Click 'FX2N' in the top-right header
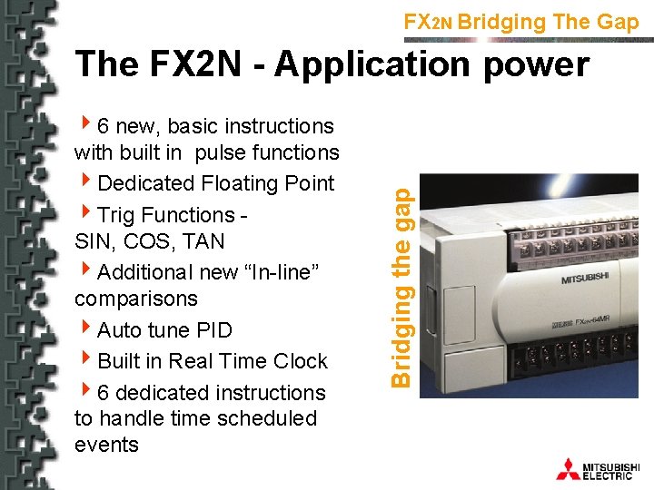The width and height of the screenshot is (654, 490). click(x=427, y=23)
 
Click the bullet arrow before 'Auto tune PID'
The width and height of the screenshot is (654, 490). click(x=84, y=329)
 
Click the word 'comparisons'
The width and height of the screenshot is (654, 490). click(x=136, y=299)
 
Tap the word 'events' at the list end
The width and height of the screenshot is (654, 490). click(x=106, y=445)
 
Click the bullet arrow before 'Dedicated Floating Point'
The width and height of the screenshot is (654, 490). click(x=84, y=182)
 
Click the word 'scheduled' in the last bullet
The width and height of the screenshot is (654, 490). click(x=272, y=418)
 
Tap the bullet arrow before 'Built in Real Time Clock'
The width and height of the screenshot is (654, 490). click(x=84, y=360)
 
